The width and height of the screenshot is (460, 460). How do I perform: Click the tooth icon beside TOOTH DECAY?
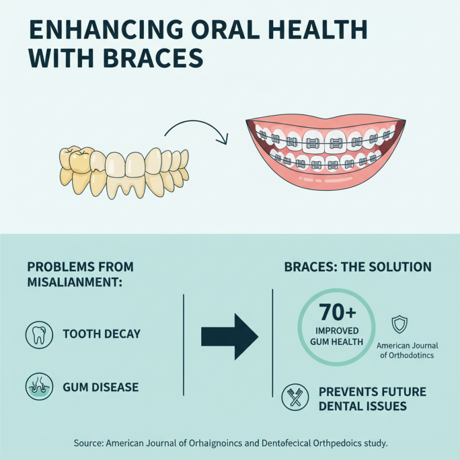38,334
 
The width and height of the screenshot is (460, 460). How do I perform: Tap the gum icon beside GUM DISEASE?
38,386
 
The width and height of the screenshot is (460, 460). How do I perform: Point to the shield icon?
398,324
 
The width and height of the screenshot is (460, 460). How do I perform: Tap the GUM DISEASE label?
101,387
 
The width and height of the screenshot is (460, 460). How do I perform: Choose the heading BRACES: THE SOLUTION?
358,267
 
